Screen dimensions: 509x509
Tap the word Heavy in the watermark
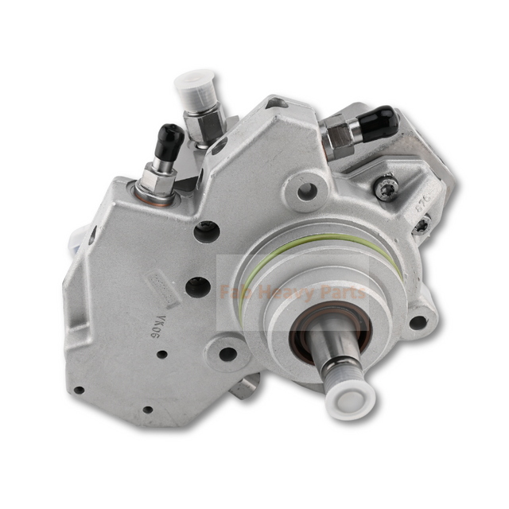click(x=287, y=293)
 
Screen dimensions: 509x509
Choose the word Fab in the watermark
click(x=238, y=293)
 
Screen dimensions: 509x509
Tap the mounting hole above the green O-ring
click(x=306, y=190)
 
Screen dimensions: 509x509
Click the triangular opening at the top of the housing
click(x=276, y=102)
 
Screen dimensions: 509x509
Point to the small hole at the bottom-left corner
click(x=79, y=390)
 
